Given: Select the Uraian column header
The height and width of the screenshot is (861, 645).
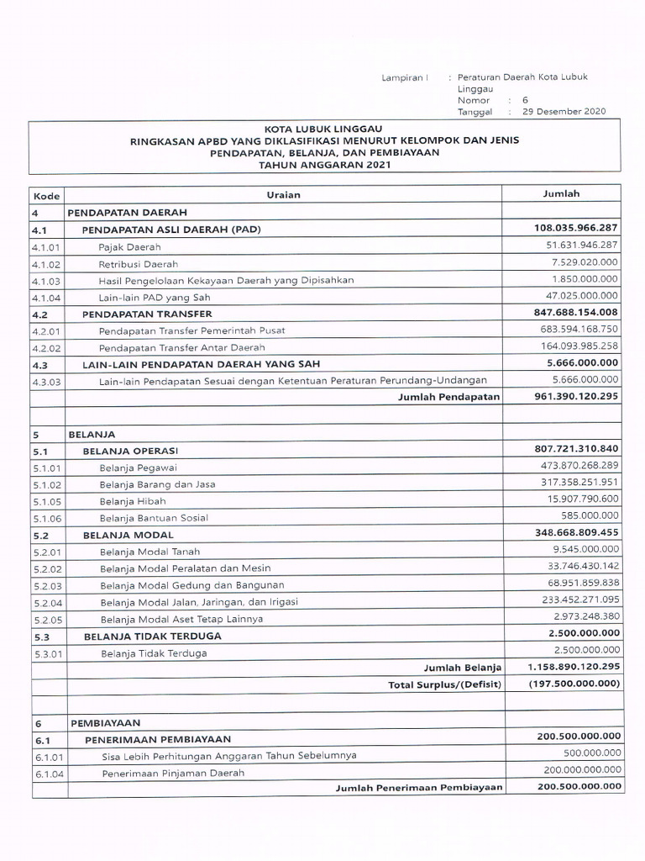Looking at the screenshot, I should (x=283, y=195).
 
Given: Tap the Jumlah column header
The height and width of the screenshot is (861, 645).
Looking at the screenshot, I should (x=561, y=193).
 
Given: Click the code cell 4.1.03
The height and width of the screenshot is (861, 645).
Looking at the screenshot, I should (x=46, y=281).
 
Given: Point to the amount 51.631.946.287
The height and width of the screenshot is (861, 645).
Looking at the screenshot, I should (x=582, y=245).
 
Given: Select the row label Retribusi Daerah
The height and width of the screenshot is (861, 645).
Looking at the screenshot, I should (x=133, y=264).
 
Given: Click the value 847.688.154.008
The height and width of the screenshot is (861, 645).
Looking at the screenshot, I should (x=576, y=312).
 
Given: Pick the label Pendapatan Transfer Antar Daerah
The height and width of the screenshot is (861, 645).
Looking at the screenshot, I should (x=181, y=347).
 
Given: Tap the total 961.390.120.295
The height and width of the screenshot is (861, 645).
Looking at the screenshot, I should (x=576, y=396).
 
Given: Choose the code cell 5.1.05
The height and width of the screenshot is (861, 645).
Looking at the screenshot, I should (x=47, y=501).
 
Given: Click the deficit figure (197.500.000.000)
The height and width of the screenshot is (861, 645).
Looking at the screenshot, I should (x=574, y=684).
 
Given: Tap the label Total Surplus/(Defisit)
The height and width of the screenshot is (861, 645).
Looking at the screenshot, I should (x=444, y=684).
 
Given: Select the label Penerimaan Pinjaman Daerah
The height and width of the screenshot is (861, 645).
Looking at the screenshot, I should (x=173, y=773).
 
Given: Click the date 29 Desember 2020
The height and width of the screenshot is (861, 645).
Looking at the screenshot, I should (x=564, y=111).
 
